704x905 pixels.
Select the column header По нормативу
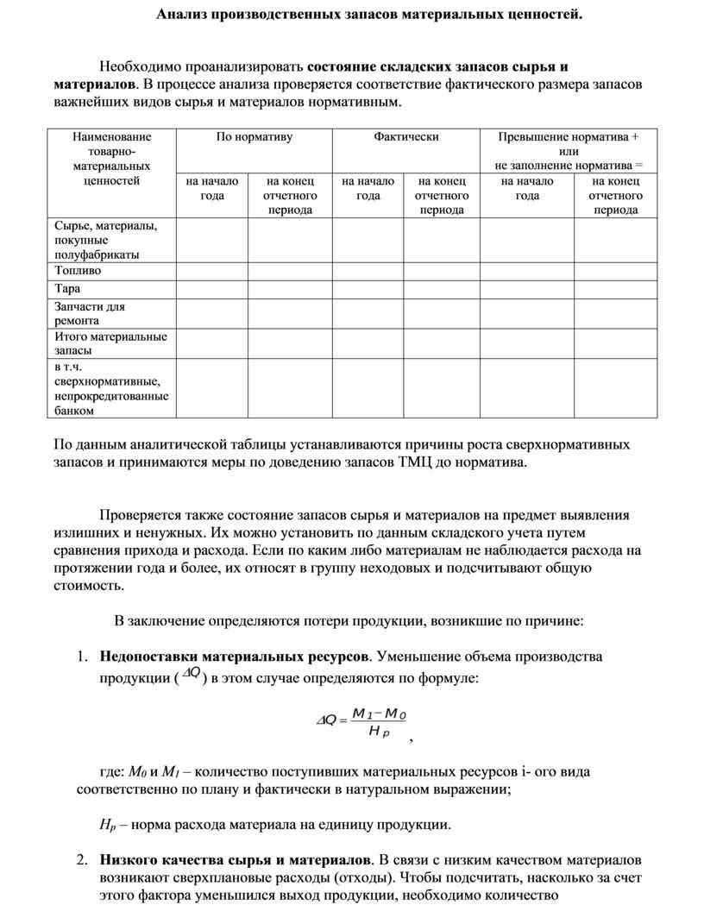tap(254, 136)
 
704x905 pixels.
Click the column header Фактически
tap(406, 136)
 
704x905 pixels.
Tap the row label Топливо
tap(78, 270)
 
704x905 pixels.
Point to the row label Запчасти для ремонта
tap(90, 312)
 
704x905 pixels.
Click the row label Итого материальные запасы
tap(110, 343)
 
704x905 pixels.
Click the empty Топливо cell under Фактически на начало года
tap(368, 270)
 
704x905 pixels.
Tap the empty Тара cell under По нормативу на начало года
tap(212, 288)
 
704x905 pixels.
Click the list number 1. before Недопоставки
tap(82, 656)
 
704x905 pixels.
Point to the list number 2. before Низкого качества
tap(82, 860)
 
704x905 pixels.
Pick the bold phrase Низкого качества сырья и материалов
tap(236, 860)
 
